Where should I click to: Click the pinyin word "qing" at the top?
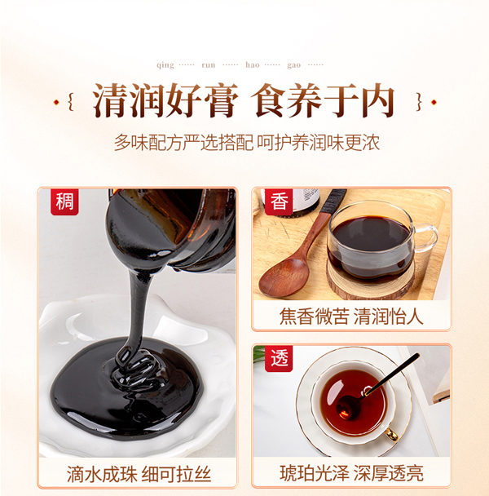pos(165,65)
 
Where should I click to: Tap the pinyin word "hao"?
pos(253,64)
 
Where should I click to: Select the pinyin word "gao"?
pos(293,65)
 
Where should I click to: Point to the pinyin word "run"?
pos(209,65)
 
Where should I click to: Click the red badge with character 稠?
pos(64,201)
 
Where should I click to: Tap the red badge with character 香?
pos(279,201)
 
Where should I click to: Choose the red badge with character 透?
pos(279,358)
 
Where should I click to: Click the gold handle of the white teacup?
pos(392,434)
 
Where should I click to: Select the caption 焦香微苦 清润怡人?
pos(351,317)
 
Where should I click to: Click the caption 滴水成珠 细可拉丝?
pos(139,474)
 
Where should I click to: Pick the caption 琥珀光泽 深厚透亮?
pos(351,473)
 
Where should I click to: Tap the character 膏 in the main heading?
pos(221,101)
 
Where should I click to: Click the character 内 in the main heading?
pos(378,101)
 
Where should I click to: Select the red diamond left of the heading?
pos(56,102)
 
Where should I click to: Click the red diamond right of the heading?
pos(434,102)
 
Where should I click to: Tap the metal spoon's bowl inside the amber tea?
pos(346,407)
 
